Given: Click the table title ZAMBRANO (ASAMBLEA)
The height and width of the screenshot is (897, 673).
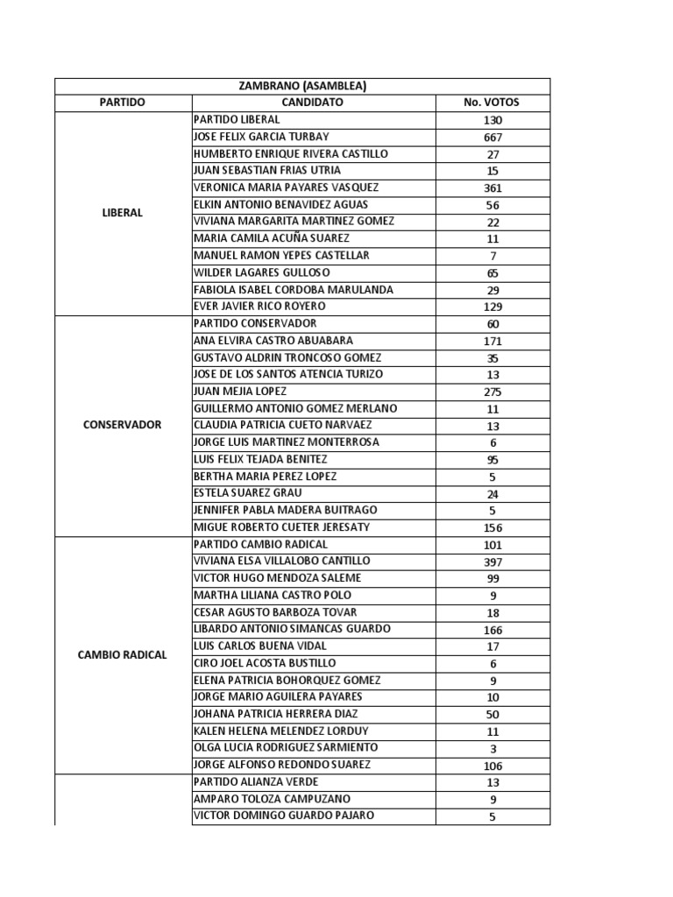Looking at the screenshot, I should [x=302, y=86].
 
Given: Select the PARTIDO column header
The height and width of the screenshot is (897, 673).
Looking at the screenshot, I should [x=123, y=102].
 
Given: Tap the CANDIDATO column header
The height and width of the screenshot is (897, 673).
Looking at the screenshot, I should [x=314, y=102].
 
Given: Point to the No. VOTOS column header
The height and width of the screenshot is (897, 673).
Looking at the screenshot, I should [x=492, y=102].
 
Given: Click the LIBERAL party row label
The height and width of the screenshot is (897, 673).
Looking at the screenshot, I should [x=123, y=213].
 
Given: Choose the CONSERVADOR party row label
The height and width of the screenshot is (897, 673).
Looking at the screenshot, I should [x=123, y=425].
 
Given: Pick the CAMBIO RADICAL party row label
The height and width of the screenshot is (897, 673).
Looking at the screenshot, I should [x=123, y=654].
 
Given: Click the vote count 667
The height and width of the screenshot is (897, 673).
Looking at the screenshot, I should [x=492, y=138].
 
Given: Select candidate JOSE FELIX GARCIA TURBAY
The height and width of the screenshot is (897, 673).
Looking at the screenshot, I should [x=261, y=137].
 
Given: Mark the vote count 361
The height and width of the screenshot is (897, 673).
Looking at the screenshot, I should [x=492, y=188].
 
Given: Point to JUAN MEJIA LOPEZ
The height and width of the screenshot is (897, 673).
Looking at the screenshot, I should [x=240, y=392].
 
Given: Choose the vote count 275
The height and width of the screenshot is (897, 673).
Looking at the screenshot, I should [x=492, y=392].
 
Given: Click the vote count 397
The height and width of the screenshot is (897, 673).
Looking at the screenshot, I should [x=492, y=562].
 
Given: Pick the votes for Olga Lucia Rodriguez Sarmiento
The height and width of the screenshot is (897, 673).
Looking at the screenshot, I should [x=492, y=749].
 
